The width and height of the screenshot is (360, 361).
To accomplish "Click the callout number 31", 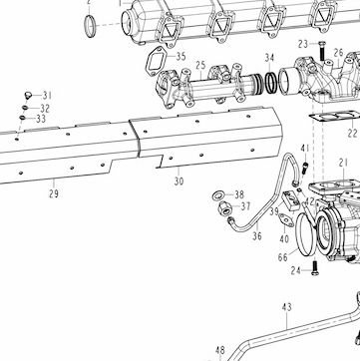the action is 47,96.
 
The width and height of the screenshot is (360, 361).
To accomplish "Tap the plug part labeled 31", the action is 28,96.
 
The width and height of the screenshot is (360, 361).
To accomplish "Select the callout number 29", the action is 54,193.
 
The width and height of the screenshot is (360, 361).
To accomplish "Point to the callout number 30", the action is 179,181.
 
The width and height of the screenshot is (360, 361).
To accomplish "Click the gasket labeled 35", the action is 156,61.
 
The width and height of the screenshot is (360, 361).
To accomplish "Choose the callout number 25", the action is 200,66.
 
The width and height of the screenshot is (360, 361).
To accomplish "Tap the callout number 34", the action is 269,58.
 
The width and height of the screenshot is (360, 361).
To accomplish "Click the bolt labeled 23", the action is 322,50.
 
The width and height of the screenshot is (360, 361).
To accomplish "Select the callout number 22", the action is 353,134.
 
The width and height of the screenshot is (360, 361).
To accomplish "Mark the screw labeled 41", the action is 305,168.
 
